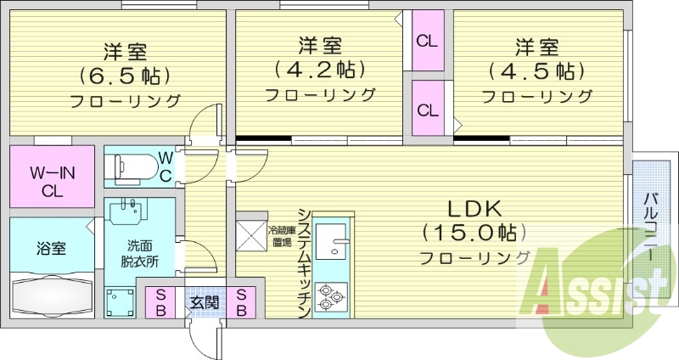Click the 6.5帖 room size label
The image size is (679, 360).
pos(122,75)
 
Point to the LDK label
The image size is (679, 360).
pos(475,208)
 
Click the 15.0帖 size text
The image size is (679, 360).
pos(475,232)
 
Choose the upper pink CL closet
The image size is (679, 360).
pos(427,40)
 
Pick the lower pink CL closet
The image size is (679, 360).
pos(427,109)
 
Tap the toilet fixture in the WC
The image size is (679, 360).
pos(136,166)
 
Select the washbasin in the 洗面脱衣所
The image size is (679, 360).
pos(130,212)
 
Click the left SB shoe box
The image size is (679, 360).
pos(160,301)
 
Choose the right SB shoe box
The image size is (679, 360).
pos(242,301)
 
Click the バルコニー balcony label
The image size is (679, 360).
pos(648,221)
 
